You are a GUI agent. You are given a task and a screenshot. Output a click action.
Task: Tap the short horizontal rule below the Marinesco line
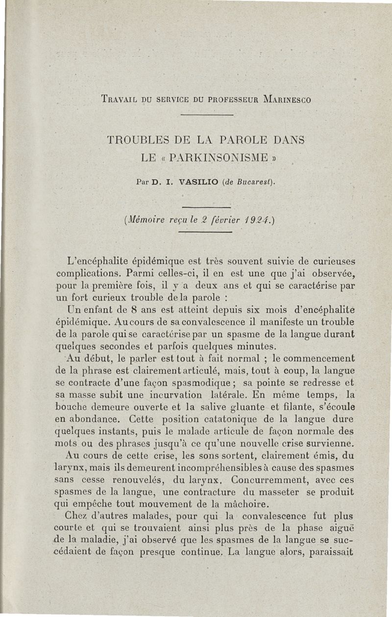pyautogui.click(x=206, y=115)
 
